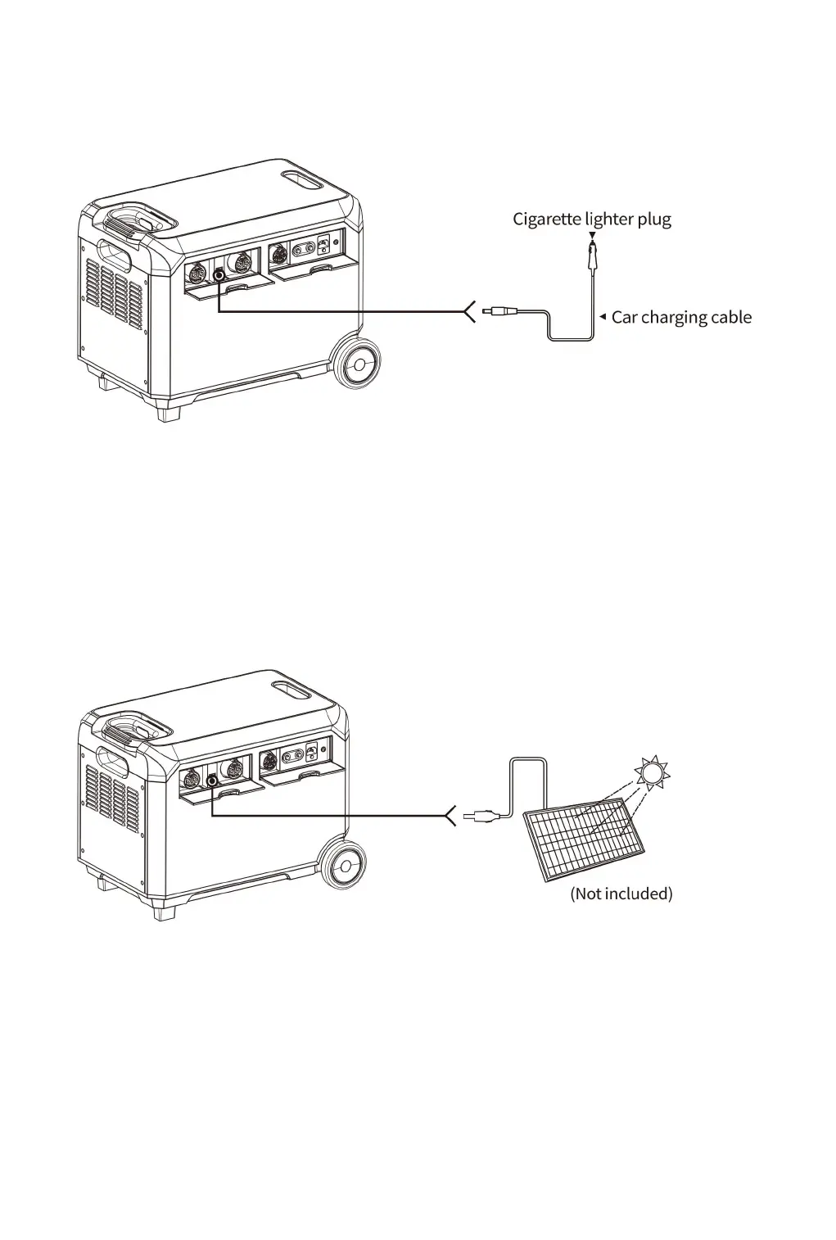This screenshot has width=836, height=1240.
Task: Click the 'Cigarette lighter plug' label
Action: [x=591, y=219]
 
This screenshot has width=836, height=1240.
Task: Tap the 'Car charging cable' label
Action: [x=680, y=318]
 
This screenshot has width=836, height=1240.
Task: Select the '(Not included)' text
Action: [x=621, y=894]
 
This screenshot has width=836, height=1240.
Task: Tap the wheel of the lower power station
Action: [x=343, y=866]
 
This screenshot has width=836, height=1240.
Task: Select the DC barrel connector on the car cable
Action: [x=500, y=312]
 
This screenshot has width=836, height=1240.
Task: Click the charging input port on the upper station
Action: [x=219, y=276]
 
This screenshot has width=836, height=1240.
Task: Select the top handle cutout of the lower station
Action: [x=291, y=689]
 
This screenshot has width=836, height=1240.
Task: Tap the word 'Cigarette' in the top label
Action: [x=546, y=219]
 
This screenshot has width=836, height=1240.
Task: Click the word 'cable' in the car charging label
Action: [x=730, y=318]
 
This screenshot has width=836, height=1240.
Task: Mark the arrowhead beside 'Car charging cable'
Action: [x=603, y=316]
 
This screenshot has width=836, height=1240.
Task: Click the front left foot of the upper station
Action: [x=168, y=414]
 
